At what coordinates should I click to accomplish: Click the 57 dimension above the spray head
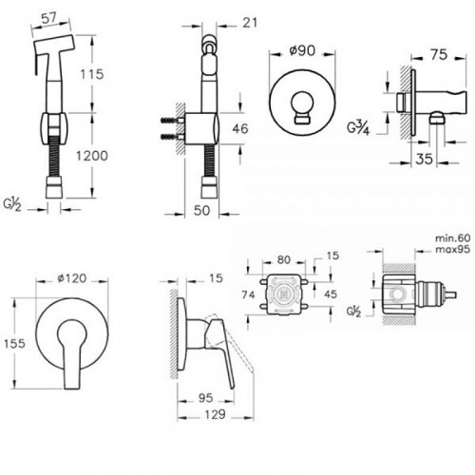[49, 18]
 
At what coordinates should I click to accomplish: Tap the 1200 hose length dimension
[92, 156]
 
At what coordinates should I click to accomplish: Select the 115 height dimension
[92, 74]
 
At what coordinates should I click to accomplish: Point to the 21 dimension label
[250, 23]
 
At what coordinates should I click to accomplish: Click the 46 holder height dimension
[240, 129]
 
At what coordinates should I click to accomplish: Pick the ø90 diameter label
[302, 50]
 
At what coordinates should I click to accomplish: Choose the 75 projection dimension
[439, 55]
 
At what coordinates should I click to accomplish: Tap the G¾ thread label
[358, 128]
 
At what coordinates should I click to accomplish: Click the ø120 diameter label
[72, 278]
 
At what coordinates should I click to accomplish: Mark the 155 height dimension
[14, 343]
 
